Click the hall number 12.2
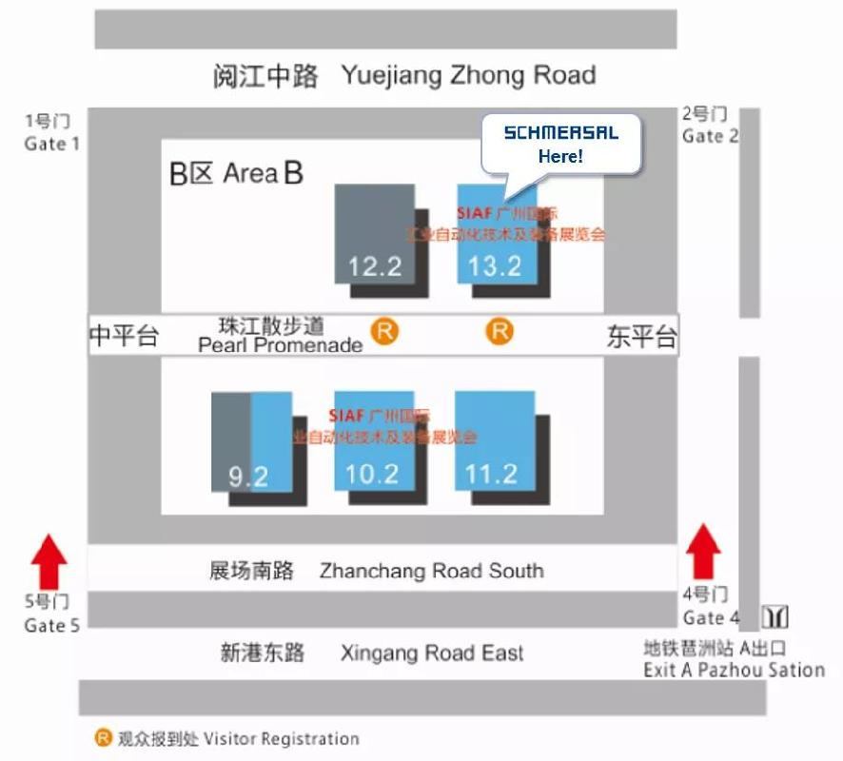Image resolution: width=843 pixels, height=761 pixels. [375, 265]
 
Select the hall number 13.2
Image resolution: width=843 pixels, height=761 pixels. [495, 265]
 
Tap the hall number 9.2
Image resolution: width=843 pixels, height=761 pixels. [247, 475]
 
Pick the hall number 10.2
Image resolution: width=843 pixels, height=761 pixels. [372, 473]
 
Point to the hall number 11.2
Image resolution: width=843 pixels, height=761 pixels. [492, 473]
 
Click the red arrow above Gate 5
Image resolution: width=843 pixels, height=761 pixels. [49, 561]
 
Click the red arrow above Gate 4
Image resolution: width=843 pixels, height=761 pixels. [703, 551]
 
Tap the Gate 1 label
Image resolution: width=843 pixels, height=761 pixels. [52, 144]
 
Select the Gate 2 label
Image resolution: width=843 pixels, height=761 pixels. [710, 136]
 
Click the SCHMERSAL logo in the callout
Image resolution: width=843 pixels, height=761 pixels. [560, 133]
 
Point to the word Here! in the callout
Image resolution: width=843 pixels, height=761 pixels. [560, 156]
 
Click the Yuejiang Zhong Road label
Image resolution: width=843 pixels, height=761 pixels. [468, 75]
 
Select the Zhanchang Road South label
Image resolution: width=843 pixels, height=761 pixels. [431, 571]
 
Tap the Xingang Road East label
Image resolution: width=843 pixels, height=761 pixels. [432, 653]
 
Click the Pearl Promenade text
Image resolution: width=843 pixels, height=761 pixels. [280, 344]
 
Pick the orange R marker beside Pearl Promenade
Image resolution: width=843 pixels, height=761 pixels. [384, 332]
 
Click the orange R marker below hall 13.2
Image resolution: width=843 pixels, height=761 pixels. [500, 331]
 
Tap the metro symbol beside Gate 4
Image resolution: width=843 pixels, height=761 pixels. [775, 616]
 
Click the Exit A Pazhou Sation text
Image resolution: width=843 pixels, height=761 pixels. [734, 670]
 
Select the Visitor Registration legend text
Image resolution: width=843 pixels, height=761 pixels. [282, 738]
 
